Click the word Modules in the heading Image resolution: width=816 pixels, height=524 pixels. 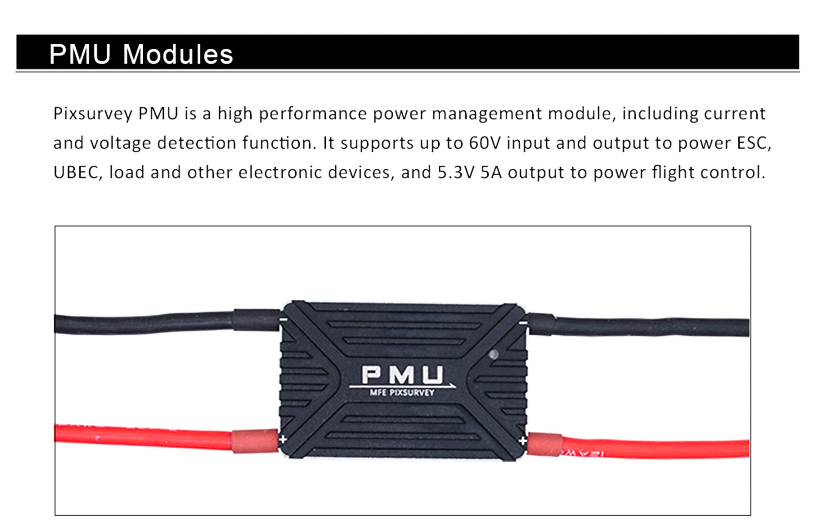coord(178,54)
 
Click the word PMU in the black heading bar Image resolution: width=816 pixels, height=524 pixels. coord(80,54)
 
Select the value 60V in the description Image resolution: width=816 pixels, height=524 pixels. coord(485,143)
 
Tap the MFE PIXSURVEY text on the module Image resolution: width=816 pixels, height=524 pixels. coord(402,393)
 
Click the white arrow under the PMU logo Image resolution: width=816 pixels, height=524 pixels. coord(402,386)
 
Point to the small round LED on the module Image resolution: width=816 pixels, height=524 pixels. coord(494,355)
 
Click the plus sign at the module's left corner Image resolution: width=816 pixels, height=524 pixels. coord(283,439)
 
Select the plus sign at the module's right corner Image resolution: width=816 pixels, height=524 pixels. coord(523,441)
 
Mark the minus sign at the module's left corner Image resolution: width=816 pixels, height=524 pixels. coord(283,319)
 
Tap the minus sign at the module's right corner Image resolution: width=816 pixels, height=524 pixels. coord(525,323)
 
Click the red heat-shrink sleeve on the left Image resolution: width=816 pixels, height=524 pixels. coord(255,441)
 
